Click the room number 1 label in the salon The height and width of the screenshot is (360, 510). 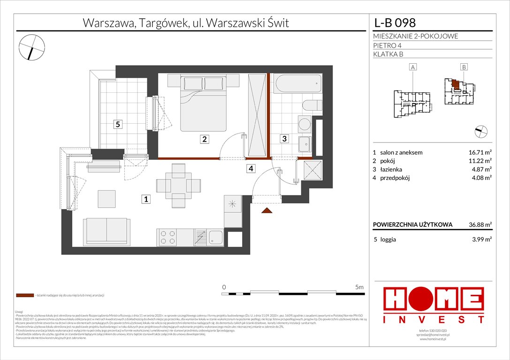[146, 200]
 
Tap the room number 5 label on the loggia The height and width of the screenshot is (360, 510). [119, 124]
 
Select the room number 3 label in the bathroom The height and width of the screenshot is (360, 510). [284, 138]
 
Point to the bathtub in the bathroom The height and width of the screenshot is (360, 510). [297, 83]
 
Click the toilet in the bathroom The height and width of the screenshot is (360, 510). [312, 105]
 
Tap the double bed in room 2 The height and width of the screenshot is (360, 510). [204, 103]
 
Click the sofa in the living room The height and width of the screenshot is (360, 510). [106, 231]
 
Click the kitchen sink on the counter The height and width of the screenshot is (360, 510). [216, 237]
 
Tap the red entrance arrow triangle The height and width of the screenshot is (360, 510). [266, 211]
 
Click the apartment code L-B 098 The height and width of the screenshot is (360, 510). [394, 22]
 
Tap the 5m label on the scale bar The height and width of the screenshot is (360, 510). [359, 286]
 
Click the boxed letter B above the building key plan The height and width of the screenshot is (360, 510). [464, 67]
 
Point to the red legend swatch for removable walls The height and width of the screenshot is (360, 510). [24, 296]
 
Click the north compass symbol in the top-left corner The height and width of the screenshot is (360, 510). [32, 46]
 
